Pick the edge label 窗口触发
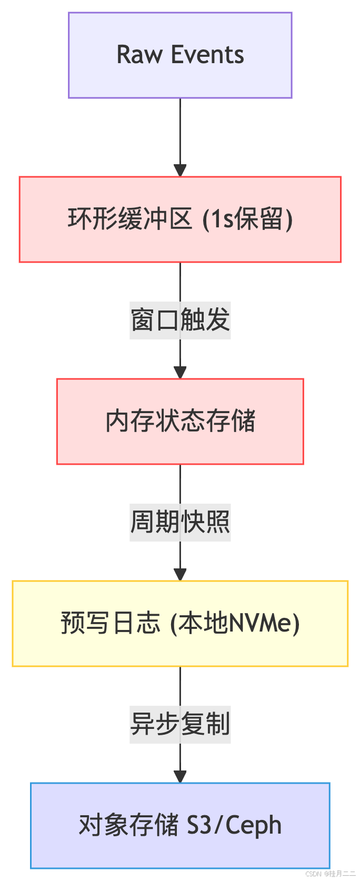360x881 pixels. point(180,320)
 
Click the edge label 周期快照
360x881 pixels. point(180,522)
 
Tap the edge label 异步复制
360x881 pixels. point(180,724)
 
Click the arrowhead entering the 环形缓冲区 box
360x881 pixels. point(180,171)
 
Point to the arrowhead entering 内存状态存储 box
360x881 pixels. point(180,373)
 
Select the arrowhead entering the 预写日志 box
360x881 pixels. point(180,575)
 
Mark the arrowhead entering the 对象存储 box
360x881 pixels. point(180,777)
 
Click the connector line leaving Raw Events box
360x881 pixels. point(180,132)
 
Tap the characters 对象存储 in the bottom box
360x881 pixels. point(128,825)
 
